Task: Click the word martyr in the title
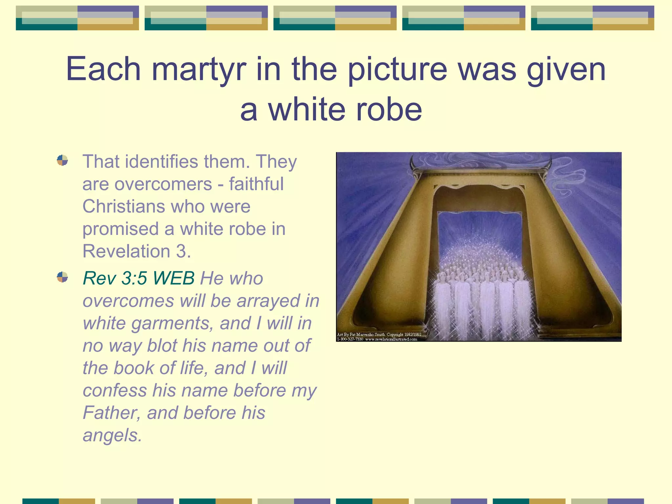199,70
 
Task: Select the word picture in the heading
397,70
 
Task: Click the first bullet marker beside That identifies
62,160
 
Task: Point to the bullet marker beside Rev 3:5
62,277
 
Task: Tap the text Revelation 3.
136,251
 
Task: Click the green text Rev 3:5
115,278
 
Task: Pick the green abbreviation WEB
174,278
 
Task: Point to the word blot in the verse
162,346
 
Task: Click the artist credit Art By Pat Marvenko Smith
361,335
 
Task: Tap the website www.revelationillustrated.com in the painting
391,339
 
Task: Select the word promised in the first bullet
120,229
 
